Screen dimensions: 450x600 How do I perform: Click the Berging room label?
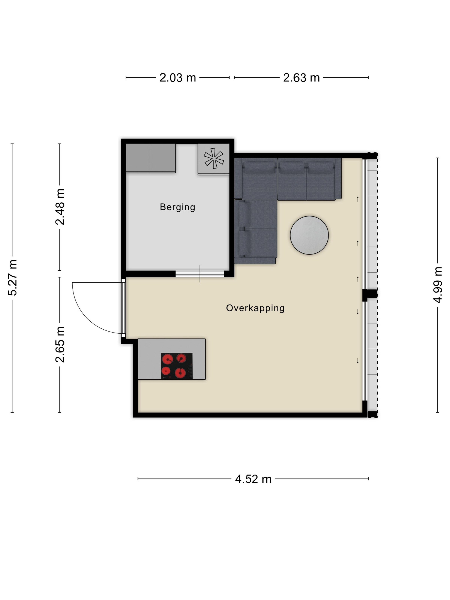177,207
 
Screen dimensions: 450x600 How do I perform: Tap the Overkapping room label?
255,308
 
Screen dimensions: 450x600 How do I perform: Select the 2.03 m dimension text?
177,78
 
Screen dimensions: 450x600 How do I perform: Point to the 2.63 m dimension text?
301,78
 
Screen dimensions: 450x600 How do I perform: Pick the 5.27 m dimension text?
13,277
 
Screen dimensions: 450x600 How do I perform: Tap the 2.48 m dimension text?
60,207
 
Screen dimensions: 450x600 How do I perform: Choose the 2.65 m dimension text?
60,345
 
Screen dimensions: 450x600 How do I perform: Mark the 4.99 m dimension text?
438,285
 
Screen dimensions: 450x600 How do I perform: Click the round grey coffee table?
309,235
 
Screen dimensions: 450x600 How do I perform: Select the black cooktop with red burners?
177,366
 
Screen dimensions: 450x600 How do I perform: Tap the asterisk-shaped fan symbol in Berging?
214,158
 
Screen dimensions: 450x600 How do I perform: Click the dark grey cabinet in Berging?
151,158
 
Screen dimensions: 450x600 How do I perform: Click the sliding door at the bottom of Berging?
200,274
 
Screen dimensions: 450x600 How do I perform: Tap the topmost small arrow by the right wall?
358,199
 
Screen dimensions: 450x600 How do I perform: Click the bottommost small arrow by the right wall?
358,361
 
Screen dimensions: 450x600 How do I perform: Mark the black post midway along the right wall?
370,295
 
